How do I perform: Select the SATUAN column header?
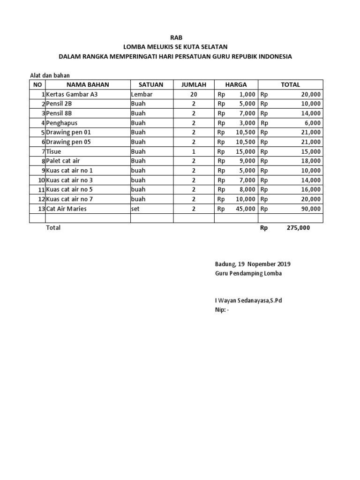[x=150, y=85]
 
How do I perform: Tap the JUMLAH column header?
[x=194, y=85]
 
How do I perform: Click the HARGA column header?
[x=236, y=85]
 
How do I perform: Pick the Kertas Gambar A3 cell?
[x=72, y=94]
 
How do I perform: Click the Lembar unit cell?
[x=142, y=94]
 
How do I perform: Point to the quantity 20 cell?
[x=194, y=94]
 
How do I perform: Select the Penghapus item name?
[x=61, y=123]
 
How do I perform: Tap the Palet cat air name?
[x=63, y=161]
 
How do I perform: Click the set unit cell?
[x=136, y=209]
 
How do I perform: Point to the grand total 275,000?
[x=298, y=228]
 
